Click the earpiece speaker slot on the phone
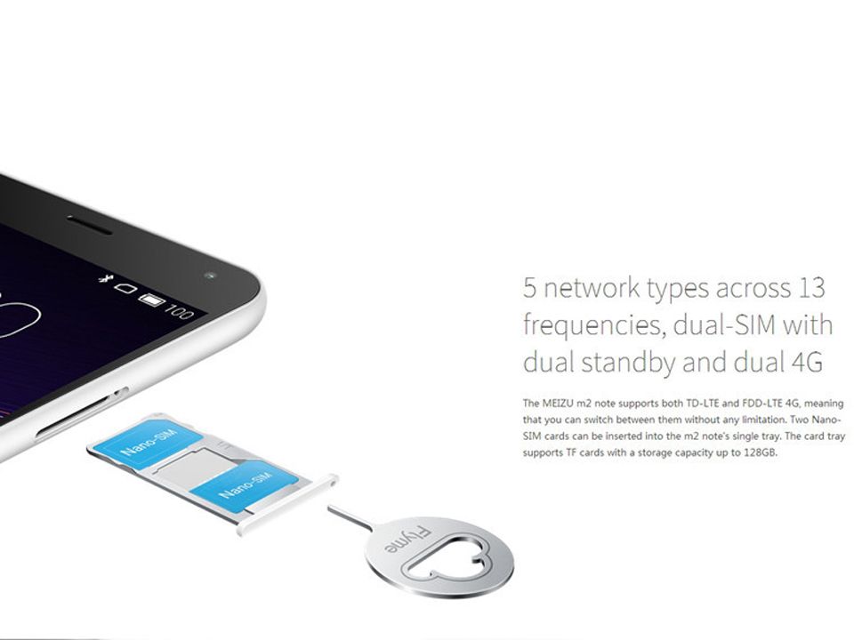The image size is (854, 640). (x=89, y=225)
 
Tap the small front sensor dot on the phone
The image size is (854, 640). (x=210, y=276)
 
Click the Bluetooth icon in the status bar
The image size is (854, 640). (x=103, y=278)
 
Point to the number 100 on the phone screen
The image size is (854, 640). (x=178, y=311)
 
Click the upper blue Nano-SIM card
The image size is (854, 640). (x=146, y=441)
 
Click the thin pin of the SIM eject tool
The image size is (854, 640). (x=350, y=518)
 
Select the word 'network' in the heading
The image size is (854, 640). (x=591, y=287)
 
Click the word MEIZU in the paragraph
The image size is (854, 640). (x=555, y=404)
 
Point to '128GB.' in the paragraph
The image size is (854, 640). (x=761, y=452)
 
